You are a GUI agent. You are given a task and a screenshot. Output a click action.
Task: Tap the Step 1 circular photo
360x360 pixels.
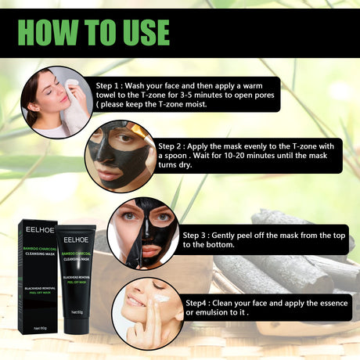click(56, 102)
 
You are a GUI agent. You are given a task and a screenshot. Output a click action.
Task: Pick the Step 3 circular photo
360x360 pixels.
click(142, 232)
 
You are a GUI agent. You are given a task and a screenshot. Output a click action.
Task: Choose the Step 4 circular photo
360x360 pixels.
click(147, 314)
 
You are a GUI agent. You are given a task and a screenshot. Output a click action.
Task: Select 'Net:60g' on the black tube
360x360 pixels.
click(75, 312)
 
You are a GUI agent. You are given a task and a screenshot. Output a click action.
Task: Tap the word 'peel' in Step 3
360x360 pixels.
click(240, 234)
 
